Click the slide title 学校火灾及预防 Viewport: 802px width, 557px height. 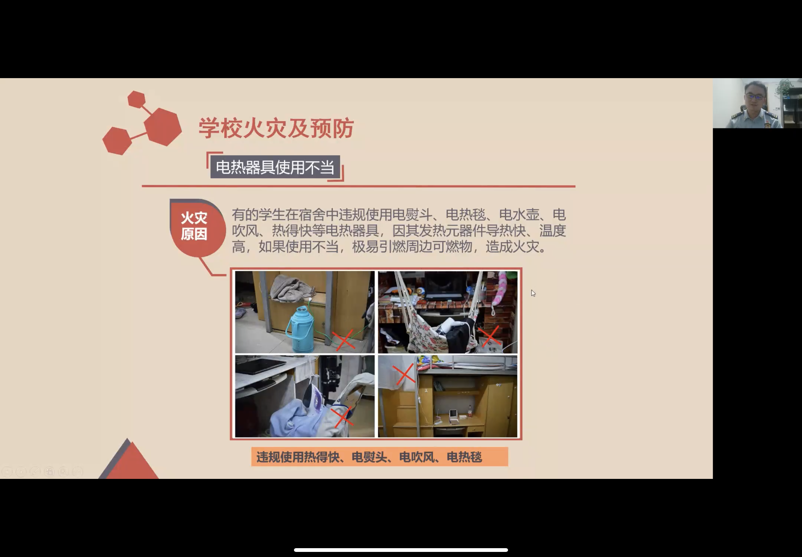coord(276,128)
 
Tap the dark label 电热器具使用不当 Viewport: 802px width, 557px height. coord(275,167)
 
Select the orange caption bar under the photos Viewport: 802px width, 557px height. coord(380,456)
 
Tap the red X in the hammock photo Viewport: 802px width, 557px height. coord(491,336)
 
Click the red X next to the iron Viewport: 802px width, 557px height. coord(343,417)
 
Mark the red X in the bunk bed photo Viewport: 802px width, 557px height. coord(404,374)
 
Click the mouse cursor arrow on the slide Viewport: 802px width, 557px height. coord(533,293)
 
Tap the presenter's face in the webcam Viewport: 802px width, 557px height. coord(754,96)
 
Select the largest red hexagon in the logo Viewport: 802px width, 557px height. coord(163,127)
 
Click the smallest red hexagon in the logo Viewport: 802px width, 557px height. coord(137,99)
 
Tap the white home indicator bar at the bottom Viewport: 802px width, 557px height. coord(401,550)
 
